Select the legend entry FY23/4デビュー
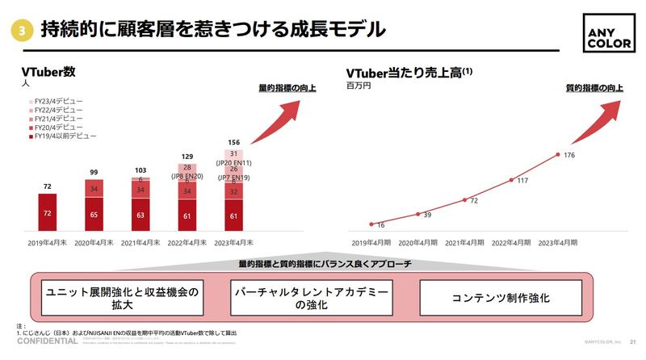pos(55,103)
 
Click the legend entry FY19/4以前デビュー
pos(61,136)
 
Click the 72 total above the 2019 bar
pos(48,186)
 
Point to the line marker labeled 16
pos(371,224)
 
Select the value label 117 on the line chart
pos(522,181)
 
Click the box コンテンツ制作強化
pos(501,298)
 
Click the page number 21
pos(633,341)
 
